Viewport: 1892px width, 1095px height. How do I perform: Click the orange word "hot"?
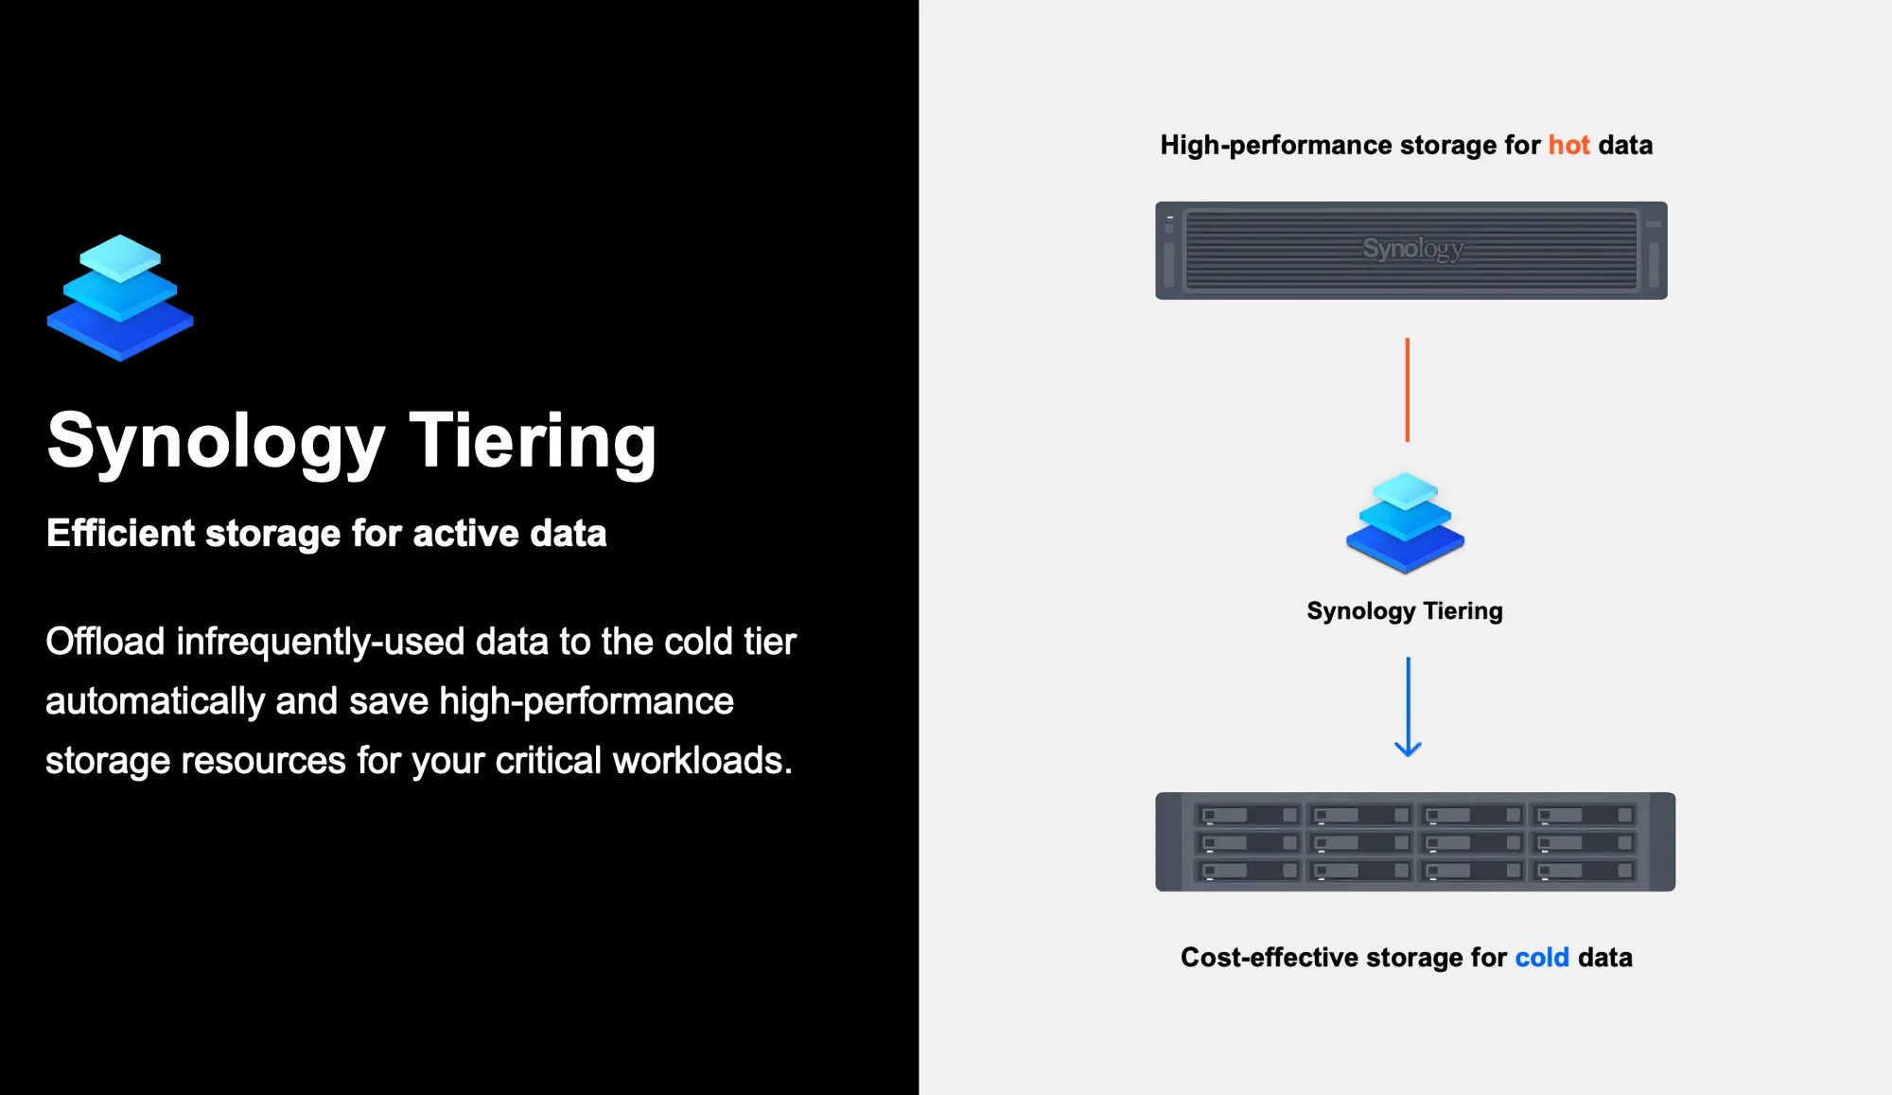coord(1568,145)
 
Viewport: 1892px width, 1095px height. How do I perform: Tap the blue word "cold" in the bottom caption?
coord(1542,958)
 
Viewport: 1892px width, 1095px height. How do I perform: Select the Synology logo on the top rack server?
coord(1412,249)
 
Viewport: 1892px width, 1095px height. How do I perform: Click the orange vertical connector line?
coord(1408,390)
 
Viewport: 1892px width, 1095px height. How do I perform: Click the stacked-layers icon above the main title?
coord(120,297)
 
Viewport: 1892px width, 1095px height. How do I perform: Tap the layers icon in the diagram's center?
coord(1405,522)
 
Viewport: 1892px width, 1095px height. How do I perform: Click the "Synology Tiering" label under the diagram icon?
coord(1405,611)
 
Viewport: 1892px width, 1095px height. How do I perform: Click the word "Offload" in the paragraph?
coord(105,642)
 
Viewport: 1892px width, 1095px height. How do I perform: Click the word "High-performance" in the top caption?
coord(1276,145)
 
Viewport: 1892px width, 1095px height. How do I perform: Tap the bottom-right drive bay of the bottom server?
coord(1585,871)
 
